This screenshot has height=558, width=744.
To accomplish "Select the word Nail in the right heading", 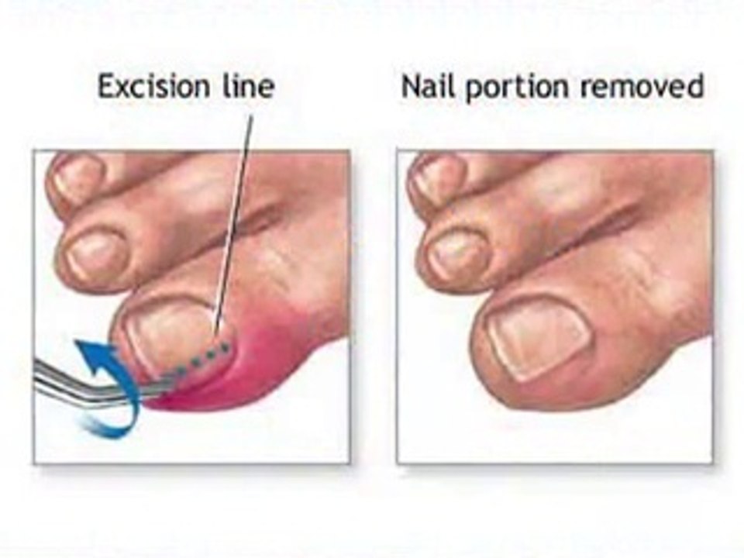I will point(424,86).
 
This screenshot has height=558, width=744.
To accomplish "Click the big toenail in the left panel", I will point(167,333).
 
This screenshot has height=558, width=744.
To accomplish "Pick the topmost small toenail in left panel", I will point(78,176).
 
